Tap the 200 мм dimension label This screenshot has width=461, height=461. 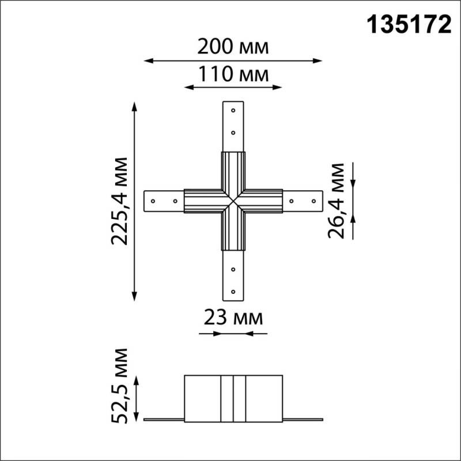(x=233, y=46)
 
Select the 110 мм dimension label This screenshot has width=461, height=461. (x=233, y=74)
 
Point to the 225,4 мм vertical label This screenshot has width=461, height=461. (x=120, y=200)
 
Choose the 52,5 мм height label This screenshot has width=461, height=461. (x=120, y=384)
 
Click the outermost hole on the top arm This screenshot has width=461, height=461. (x=233, y=109)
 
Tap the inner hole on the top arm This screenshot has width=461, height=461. (x=233, y=132)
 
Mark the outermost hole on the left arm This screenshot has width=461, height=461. (x=153, y=201)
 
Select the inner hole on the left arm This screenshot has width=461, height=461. (x=175, y=201)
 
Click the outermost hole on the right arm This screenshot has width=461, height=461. (x=313, y=201)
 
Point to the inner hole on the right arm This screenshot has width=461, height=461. (x=292, y=201)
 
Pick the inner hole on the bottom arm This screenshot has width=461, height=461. (x=233, y=269)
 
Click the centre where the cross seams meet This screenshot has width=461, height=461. (x=233, y=202)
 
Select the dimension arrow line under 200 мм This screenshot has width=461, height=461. (x=233, y=59)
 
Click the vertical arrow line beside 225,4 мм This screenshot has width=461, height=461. (x=135, y=200)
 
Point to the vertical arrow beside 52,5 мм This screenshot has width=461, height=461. (x=137, y=398)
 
